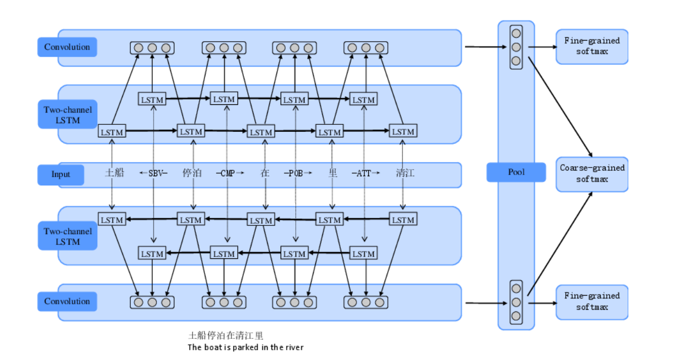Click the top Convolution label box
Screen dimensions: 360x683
67,47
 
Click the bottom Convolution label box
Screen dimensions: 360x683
67,302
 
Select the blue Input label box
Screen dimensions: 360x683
61,174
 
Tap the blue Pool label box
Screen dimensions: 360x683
516,172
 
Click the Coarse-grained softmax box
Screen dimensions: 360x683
592,174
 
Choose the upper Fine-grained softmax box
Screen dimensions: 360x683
592,46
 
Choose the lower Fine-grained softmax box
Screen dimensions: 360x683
592,301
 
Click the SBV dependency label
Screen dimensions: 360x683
154,174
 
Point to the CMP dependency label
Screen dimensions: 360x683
227,174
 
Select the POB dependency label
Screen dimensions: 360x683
296,174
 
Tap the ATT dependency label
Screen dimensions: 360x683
365,174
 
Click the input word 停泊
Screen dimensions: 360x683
192,174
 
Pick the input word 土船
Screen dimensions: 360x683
114,173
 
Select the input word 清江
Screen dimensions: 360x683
405,174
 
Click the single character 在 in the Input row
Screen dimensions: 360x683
264,174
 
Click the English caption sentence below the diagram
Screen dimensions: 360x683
245,348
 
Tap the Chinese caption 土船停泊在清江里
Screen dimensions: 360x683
226,336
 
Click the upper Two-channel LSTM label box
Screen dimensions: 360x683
68,115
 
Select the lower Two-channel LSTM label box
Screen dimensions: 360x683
68,237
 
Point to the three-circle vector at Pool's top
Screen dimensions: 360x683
516,47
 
